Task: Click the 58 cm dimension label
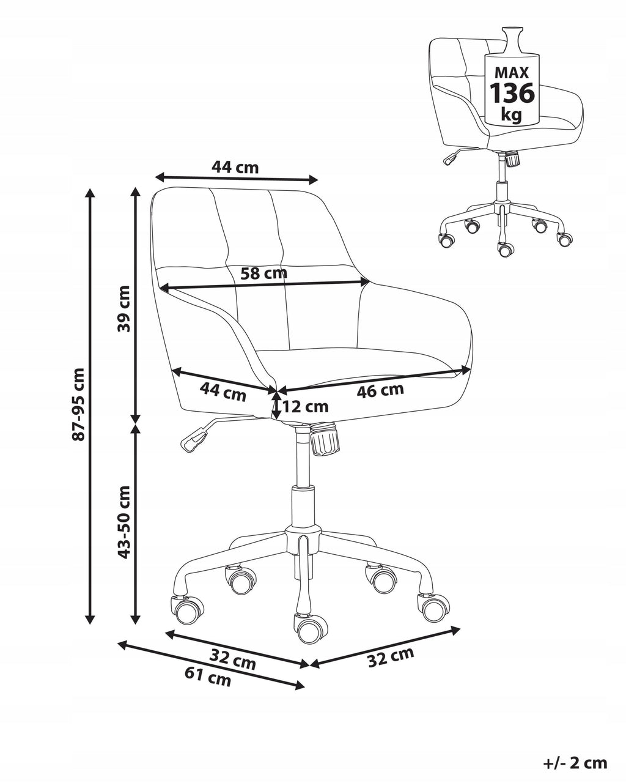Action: pos(263,273)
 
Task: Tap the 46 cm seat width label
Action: pos(380,390)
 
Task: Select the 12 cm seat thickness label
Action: pos(306,406)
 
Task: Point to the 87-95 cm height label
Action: pos(79,404)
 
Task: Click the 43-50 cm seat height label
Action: pos(124,522)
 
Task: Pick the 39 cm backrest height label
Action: pos(124,308)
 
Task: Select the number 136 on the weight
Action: pos(512,92)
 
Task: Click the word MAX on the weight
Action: pos(512,73)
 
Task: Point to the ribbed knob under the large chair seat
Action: pos(325,439)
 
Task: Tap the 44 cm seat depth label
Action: pos(223,392)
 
